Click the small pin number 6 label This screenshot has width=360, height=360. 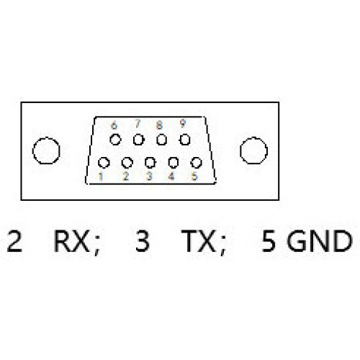(x=114, y=125)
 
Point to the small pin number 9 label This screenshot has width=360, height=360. (x=183, y=124)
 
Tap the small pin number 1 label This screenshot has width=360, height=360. (x=101, y=177)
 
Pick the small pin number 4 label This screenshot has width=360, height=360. (x=171, y=176)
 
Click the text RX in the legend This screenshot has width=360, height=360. (x=71, y=240)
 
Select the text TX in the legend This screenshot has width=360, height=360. (x=198, y=240)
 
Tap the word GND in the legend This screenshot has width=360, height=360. (x=320, y=240)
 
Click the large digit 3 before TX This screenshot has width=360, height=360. (x=143, y=240)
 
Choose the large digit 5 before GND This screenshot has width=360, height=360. (x=269, y=240)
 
